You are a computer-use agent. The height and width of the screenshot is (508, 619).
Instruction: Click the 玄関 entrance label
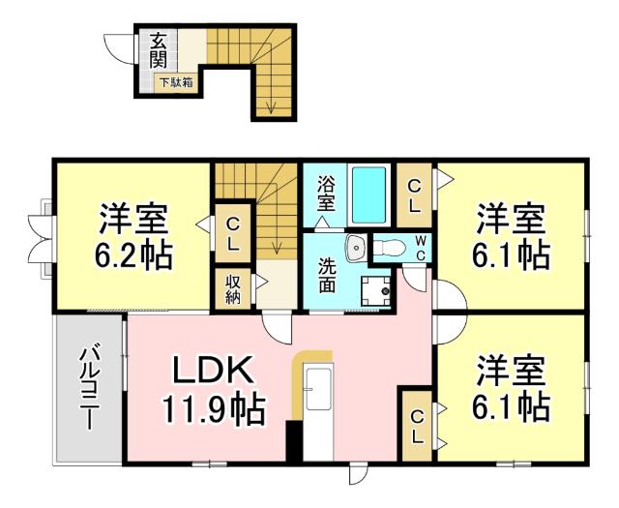click(158, 51)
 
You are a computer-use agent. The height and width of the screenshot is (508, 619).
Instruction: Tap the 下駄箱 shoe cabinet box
click(176, 83)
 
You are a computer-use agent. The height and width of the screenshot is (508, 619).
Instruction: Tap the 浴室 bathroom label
click(326, 194)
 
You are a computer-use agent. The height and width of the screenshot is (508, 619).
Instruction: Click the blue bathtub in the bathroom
click(369, 194)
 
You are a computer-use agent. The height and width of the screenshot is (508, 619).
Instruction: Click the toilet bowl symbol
click(392, 249)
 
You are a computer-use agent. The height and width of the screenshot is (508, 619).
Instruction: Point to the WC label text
click(421, 247)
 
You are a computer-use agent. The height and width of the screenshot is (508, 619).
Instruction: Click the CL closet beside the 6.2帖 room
click(233, 233)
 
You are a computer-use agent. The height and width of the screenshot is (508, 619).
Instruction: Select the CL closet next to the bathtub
click(413, 194)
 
